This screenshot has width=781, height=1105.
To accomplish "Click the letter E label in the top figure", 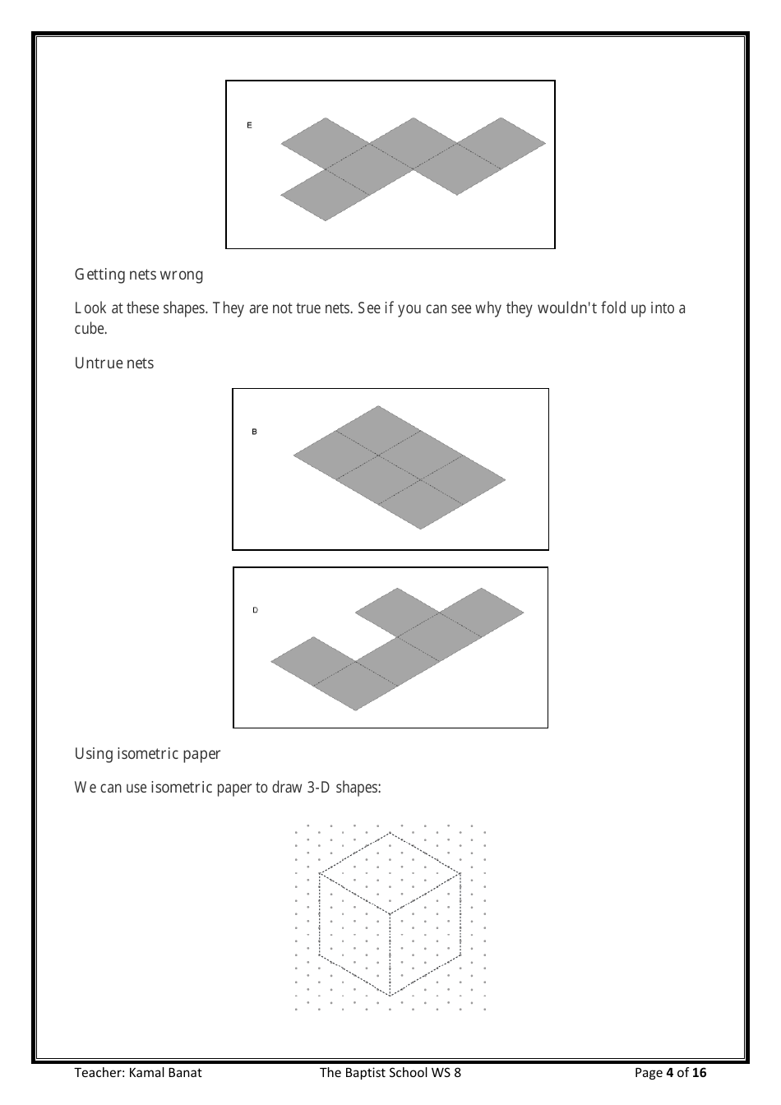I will tap(249, 126).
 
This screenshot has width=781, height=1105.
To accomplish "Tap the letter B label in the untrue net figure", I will tap(254, 432).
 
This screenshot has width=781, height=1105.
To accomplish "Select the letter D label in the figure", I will tap(255, 610).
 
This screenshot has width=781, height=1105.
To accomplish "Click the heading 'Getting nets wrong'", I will tap(139, 274).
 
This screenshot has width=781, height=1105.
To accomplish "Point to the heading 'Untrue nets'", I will tap(114, 363).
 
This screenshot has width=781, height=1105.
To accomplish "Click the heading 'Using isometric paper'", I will tap(147, 753).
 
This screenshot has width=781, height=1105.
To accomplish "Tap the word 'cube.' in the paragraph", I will tap(91, 328).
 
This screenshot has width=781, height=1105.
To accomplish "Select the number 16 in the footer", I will tap(699, 1072).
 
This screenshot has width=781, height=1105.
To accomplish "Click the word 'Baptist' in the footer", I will tap(366, 1072).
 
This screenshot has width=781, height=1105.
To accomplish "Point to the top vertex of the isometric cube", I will tap(390, 832).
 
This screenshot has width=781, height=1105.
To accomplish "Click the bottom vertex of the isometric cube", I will tap(390, 996).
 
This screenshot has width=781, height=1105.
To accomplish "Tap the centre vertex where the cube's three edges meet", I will tap(390, 913).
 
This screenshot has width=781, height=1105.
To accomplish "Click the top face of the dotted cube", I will tap(390, 873).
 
